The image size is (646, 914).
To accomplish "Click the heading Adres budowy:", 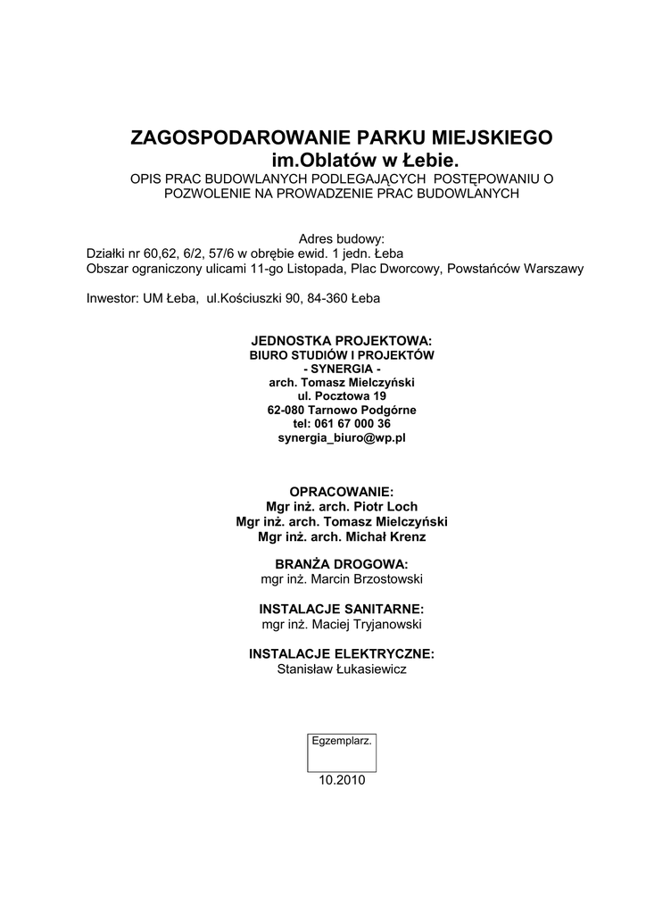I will [x=342, y=239].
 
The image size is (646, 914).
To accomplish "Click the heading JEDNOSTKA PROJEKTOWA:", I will [x=342, y=341].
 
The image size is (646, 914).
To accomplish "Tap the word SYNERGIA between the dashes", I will [x=342, y=369].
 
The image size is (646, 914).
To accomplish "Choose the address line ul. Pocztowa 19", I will [x=342, y=395].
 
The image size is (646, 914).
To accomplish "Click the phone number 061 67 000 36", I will [x=354, y=423].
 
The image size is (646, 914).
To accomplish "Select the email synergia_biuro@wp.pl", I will [x=342, y=437].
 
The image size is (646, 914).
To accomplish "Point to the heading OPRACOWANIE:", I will [x=342, y=492].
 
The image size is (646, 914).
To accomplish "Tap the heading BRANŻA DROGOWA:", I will [x=342, y=564].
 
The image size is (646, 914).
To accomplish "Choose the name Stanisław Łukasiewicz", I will [x=342, y=668].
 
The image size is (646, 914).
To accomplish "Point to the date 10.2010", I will [x=342, y=779].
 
